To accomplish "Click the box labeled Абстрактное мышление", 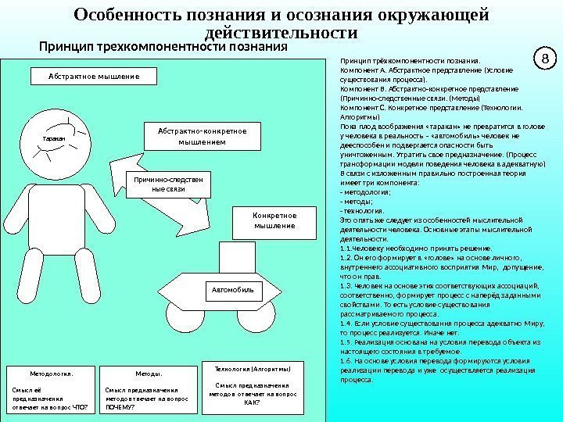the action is coord(93,77).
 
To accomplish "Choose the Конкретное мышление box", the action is coord(274,220).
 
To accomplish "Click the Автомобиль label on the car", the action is coord(234,289).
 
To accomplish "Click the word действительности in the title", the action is coord(281,33).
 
